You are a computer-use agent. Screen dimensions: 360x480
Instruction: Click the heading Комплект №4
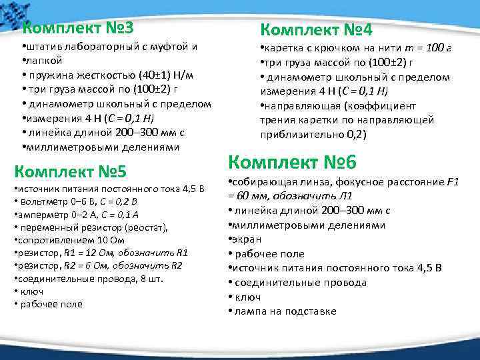pos(316,30)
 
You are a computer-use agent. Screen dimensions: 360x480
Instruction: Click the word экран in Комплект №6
pos(247,239)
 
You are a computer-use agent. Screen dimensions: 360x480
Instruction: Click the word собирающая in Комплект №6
pos(261,182)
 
